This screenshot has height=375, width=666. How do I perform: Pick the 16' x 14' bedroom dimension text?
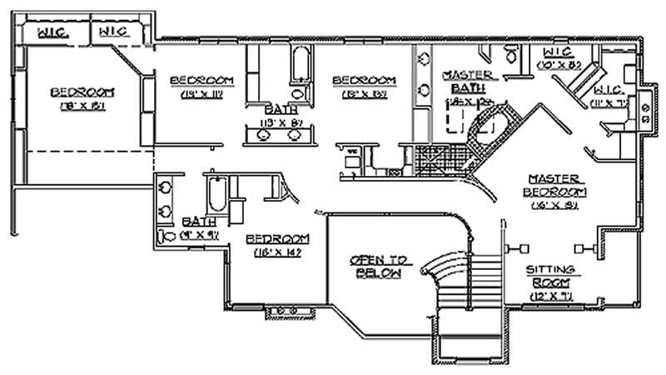(273, 252)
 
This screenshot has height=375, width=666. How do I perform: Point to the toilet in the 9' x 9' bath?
(164, 236)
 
